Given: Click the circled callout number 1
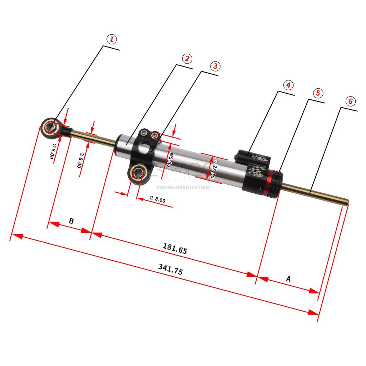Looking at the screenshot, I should tap(112, 39).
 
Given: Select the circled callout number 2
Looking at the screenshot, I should tap(187, 59).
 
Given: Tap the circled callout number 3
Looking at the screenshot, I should tap(214, 66).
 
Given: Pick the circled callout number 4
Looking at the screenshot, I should tap(288, 85).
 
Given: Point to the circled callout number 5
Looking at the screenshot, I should tap(318, 93).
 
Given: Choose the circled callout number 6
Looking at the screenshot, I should tap(350, 101).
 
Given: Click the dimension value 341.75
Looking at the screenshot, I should tap(170, 269).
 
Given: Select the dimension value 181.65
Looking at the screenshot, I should tap(175, 248).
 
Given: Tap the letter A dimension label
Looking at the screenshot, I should tap(288, 279).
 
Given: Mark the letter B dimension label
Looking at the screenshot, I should tap(71, 221).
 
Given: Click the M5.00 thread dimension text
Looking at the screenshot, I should tap(171, 160).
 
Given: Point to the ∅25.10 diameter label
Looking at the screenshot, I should tap(213, 169).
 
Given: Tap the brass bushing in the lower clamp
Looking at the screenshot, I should tap(138, 174).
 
